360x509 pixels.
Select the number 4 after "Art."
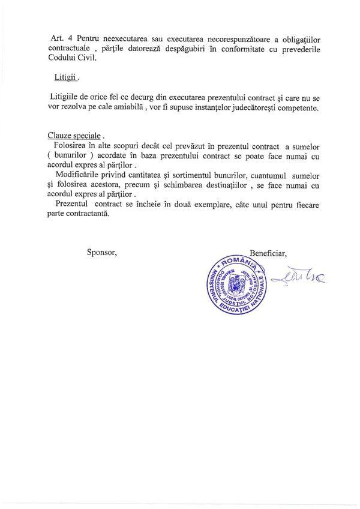[x=67, y=37]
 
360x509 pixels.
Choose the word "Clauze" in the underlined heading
[x=61, y=136]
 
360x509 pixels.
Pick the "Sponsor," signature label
[x=102, y=252]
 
